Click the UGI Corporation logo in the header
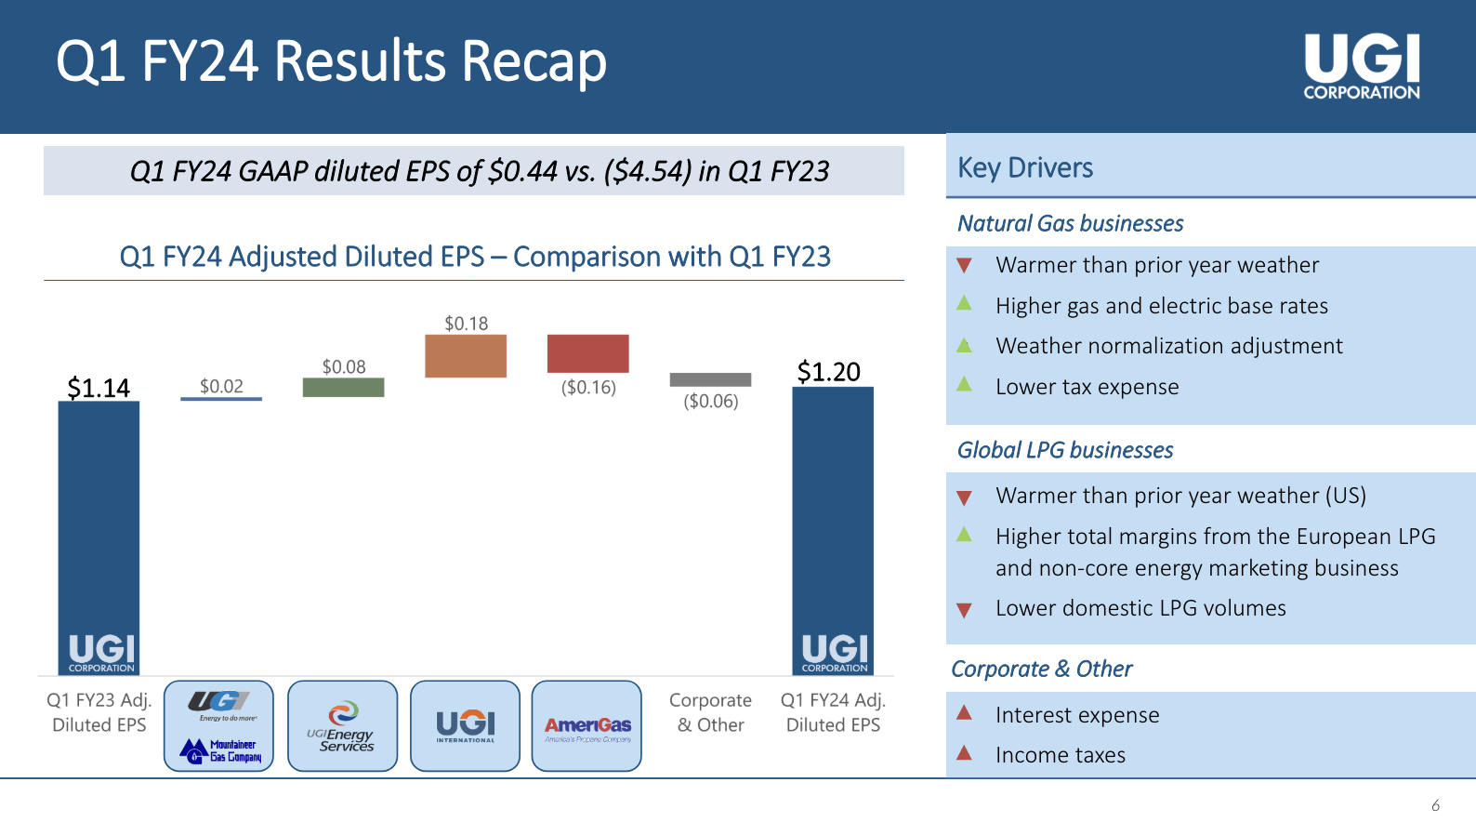click(x=1362, y=66)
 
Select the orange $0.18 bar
click(x=466, y=356)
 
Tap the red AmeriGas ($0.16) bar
click(x=587, y=353)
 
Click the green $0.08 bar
click(x=343, y=387)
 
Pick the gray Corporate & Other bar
click(x=710, y=379)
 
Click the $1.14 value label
click(x=99, y=388)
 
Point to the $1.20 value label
click(x=829, y=372)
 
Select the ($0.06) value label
click(x=711, y=402)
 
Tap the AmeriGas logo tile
click(x=586, y=726)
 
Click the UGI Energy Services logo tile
click(x=342, y=726)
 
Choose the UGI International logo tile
click(x=465, y=726)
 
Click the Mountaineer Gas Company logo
click(x=220, y=750)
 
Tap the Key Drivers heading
click(x=1025, y=167)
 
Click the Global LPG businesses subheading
click(x=1065, y=450)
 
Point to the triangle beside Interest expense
click(x=964, y=713)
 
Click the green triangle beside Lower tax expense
click(x=964, y=384)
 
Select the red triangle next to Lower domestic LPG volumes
click(x=964, y=610)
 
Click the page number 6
click(x=1435, y=805)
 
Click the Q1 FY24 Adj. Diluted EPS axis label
click(x=833, y=712)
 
